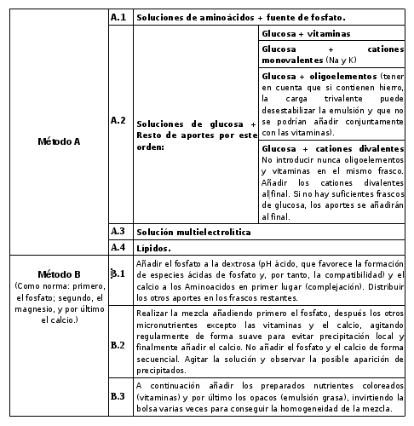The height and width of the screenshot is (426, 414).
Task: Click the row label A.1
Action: (118, 15)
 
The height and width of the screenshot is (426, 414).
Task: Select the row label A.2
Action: (118, 120)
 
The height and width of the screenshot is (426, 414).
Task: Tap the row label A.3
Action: (118, 231)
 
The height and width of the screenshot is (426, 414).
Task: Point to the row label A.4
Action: (118, 247)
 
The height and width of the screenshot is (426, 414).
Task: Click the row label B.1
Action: (118, 273)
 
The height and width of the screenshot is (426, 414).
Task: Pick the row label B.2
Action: (118, 346)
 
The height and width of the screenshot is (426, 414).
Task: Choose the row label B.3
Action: (118, 396)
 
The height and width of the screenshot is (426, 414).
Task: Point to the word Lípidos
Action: (154, 248)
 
